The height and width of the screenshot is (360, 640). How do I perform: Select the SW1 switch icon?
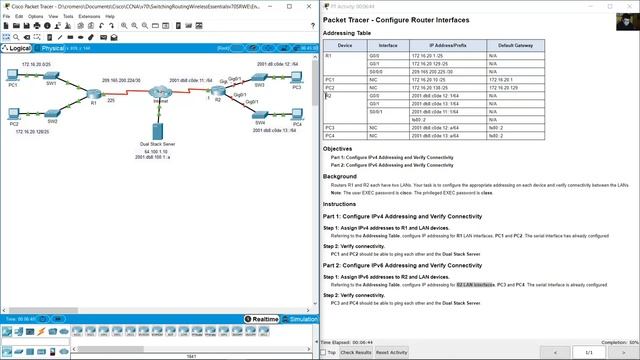[52, 83]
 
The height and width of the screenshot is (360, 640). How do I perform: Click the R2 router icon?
[217, 94]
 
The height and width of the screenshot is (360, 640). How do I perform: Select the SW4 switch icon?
[262, 118]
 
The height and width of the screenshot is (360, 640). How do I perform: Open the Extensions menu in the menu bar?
[90, 16]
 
